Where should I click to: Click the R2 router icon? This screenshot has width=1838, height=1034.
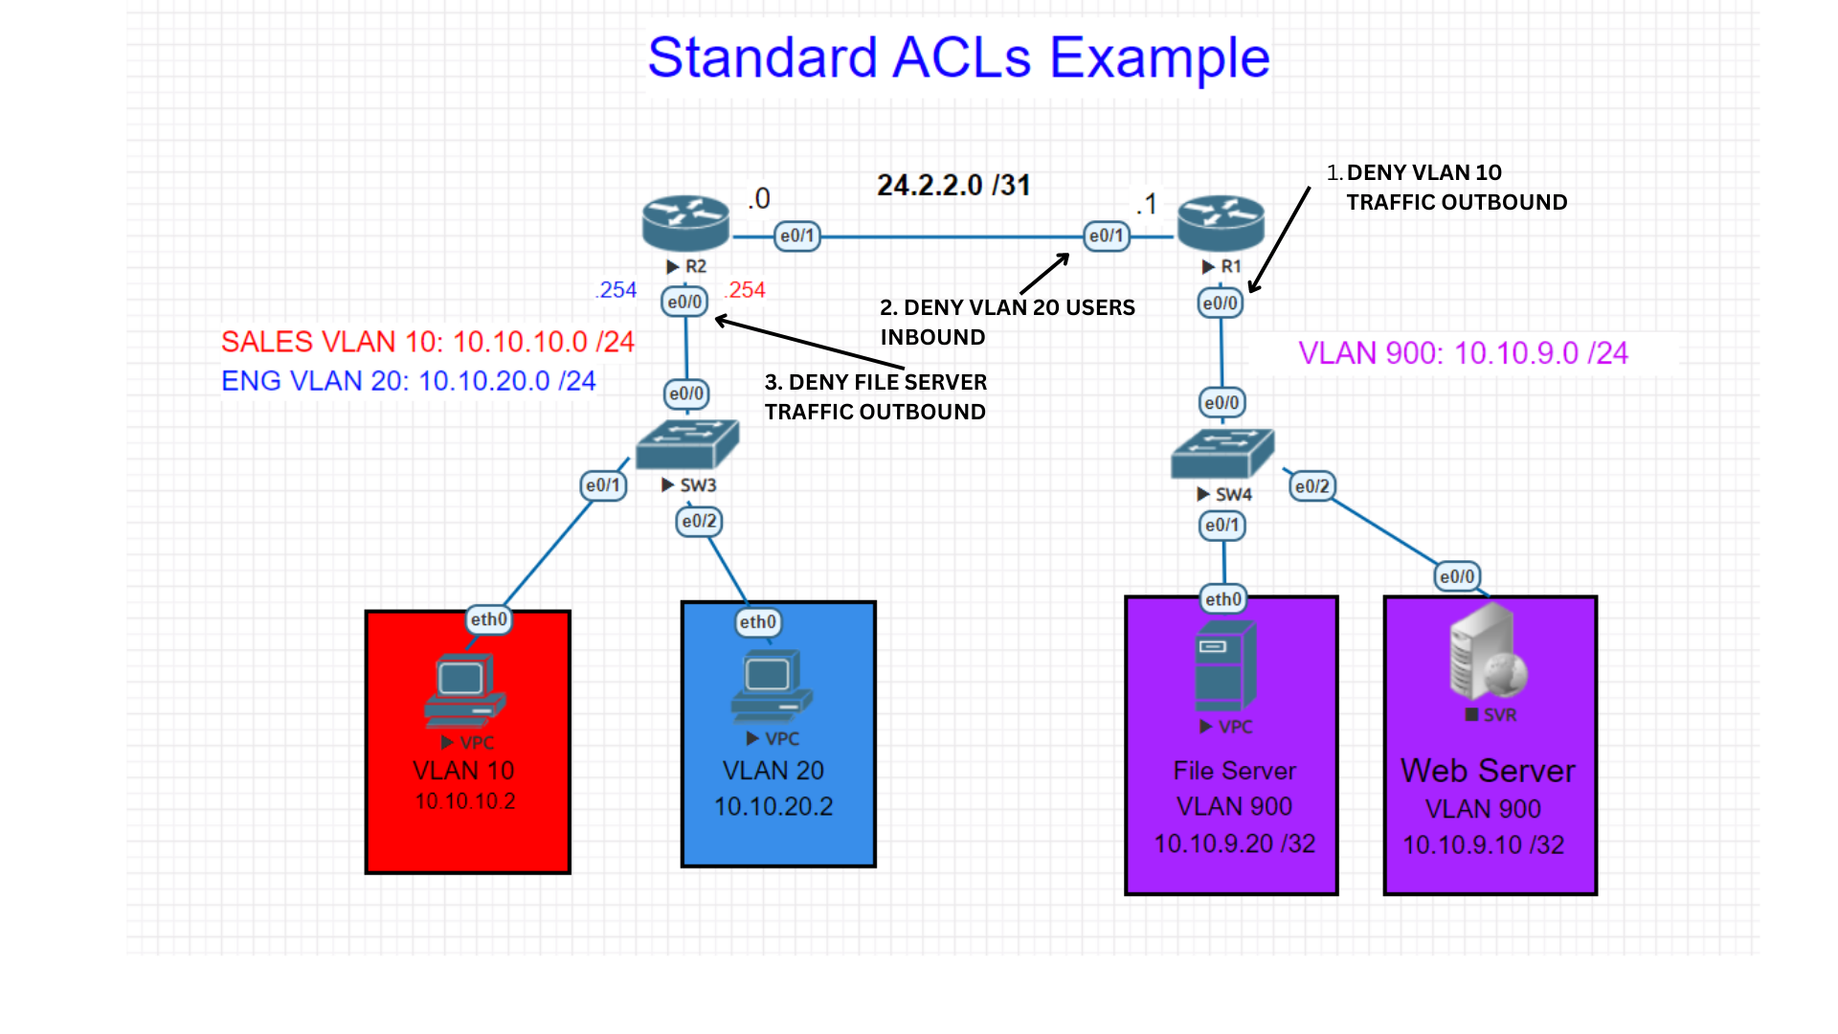(x=685, y=224)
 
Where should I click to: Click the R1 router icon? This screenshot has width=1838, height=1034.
(x=1221, y=224)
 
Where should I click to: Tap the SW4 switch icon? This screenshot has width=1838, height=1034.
(x=1222, y=454)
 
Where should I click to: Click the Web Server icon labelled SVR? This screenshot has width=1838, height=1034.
(x=1487, y=653)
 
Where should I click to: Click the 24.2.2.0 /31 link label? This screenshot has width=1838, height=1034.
(x=953, y=185)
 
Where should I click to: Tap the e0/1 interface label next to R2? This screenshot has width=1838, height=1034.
(x=796, y=236)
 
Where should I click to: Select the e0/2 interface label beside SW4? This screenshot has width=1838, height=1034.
(x=1311, y=486)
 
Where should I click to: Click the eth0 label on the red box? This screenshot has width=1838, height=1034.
(x=488, y=619)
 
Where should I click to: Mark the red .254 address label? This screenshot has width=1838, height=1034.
(x=745, y=290)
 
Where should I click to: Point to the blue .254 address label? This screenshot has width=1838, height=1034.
(x=616, y=290)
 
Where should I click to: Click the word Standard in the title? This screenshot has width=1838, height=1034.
(x=762, y=57)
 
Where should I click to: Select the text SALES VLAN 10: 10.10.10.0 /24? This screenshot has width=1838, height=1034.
(x=427, y=342)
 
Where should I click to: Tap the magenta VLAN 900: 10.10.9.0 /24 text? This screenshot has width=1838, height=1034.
(x=1463, y=353)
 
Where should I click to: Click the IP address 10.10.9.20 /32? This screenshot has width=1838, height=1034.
(x=1234, y=843)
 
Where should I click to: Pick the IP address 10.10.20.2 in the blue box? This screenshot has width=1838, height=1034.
(x=773, y=806)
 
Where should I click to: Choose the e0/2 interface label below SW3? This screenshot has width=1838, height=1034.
(x=699, y=522)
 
